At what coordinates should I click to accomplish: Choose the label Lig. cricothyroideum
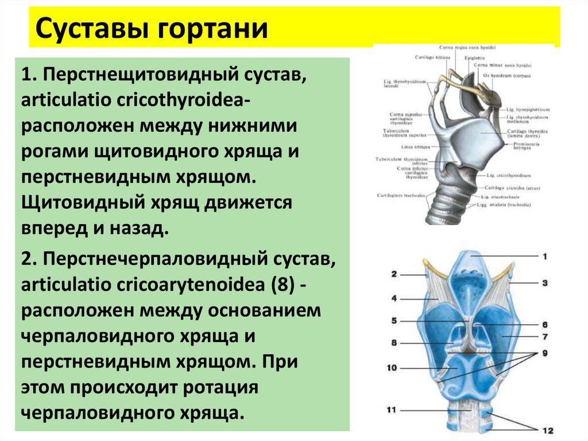(x=508, y=175)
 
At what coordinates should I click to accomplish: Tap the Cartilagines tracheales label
(x=401, y=195)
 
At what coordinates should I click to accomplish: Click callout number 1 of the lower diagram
(x=546, y=256)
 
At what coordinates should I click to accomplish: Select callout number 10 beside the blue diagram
(x=392, y=366)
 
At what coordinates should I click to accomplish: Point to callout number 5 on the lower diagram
(x=394, y=321)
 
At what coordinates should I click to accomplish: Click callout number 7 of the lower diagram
(x=546, y=336)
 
